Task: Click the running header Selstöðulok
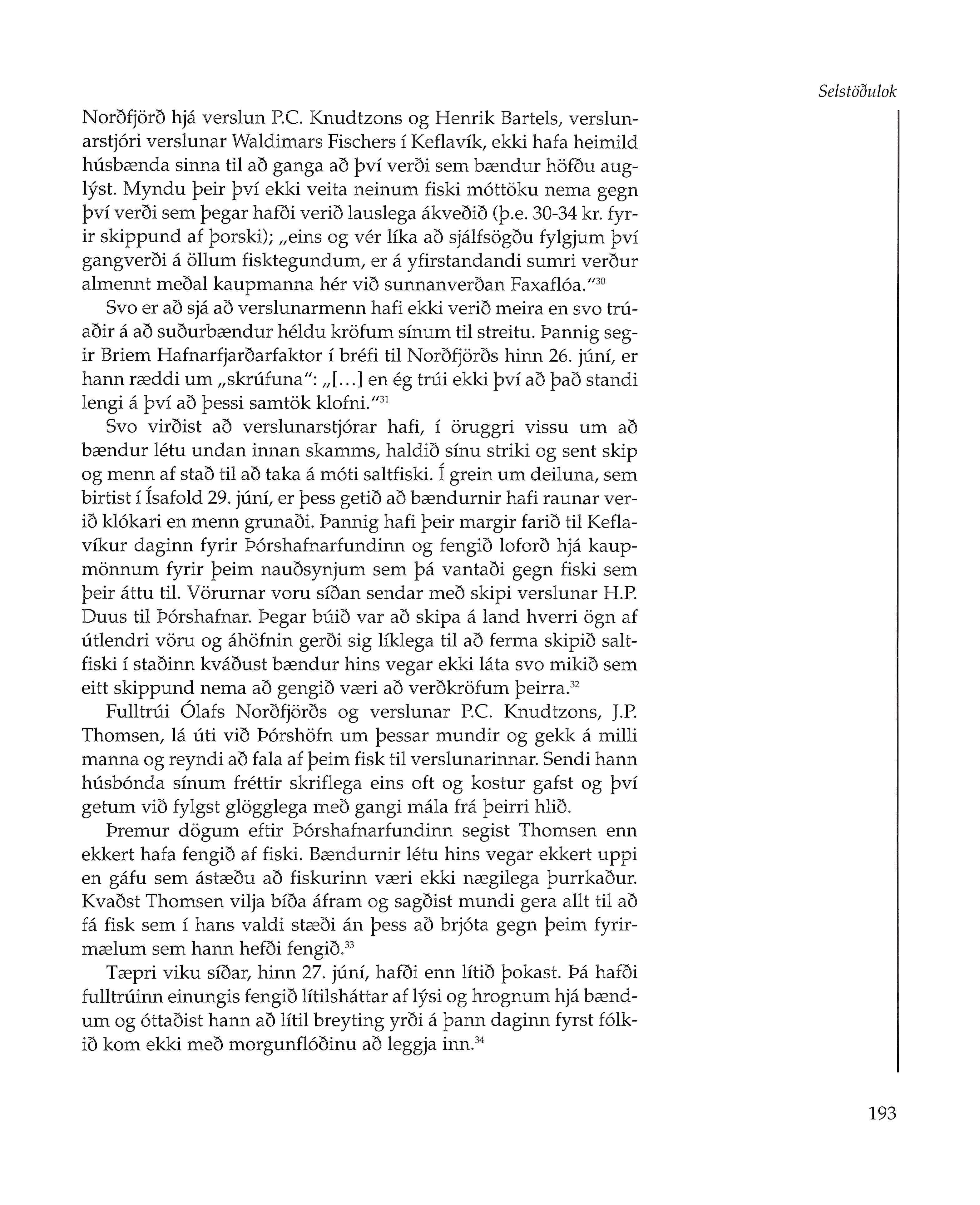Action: point(857,92)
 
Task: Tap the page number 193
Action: point(882,1114)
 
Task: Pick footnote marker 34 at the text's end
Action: point(480,1040)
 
